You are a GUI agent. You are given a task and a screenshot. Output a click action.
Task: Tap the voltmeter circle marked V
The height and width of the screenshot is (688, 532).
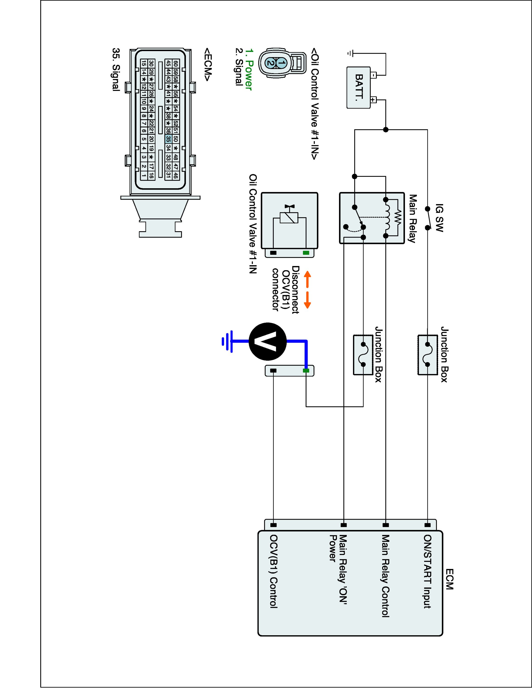[x=268, y=341]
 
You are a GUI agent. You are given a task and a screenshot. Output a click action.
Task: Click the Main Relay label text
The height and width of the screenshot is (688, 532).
[x=412, y=219]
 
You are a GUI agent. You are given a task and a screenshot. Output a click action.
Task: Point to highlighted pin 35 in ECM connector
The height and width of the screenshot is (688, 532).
[x=168, y=139]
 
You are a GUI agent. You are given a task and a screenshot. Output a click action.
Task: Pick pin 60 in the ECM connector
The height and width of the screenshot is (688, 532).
[x=176, y=63]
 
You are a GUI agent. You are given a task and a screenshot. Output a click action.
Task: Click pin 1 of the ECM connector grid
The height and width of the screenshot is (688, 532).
[x=144, y=175]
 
